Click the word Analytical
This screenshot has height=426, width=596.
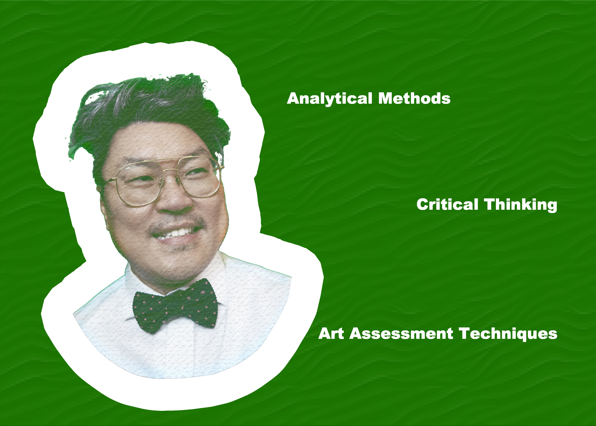tap(329, 99)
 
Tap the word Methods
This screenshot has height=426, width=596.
tap(414, 98)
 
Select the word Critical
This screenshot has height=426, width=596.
tap(447, 204)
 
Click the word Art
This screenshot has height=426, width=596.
tap(331, 333)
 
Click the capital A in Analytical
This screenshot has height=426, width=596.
tap(295, 98)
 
